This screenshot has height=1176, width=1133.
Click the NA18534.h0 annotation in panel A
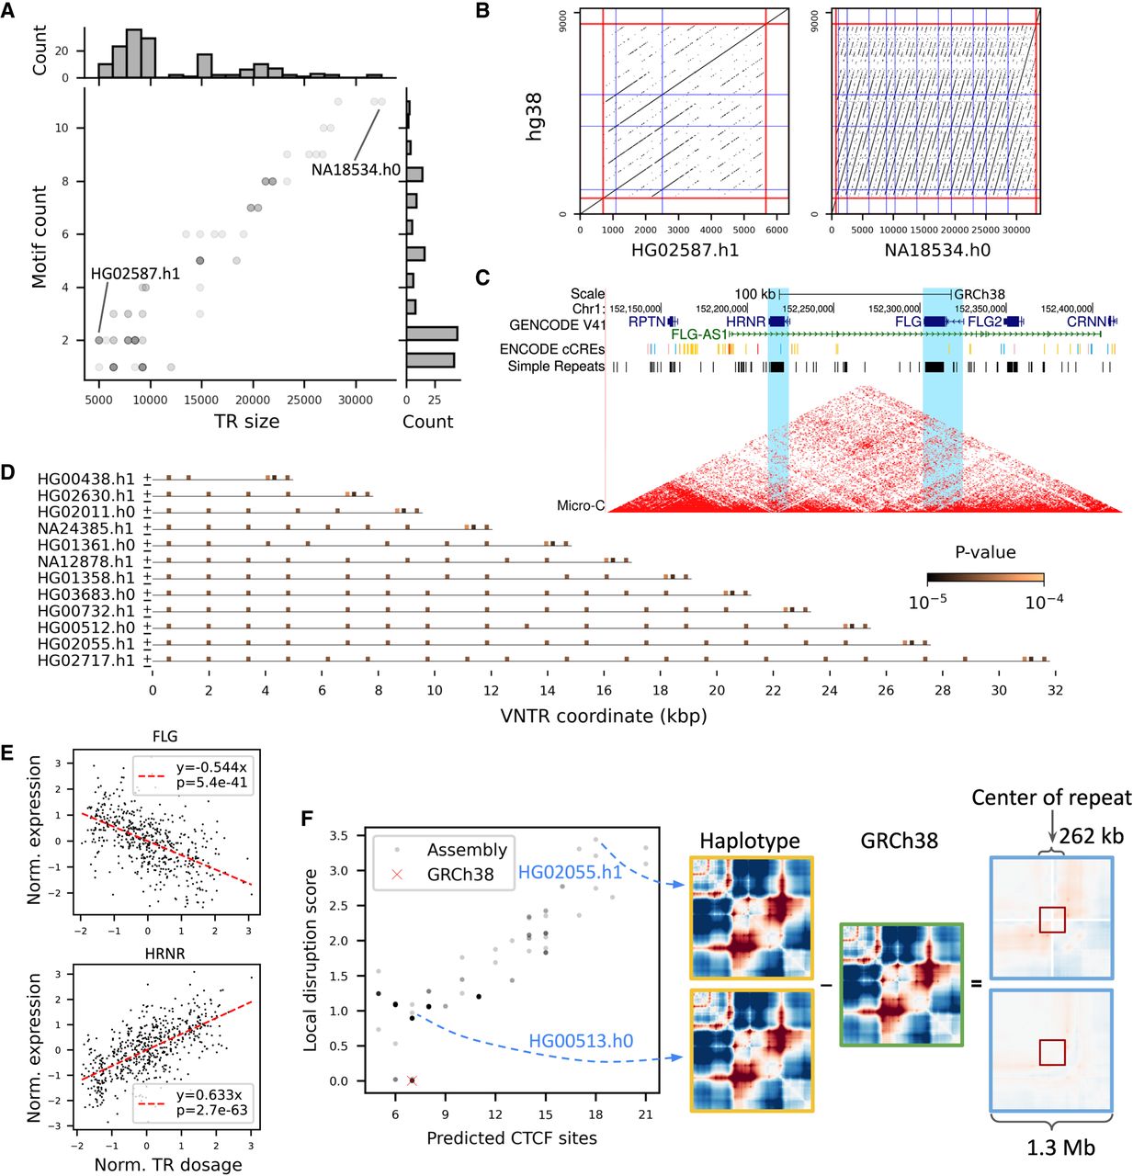pyautogui.click(x=356, y=170)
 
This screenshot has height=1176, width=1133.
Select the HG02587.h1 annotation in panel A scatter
pyautogui.click(x=135, y=274)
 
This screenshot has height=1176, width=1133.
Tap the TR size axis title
pyautogui.click(x=246, y=422)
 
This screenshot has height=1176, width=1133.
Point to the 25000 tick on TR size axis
pyautogui.click(x=304, y=400)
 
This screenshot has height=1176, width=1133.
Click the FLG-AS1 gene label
pyautogui.click(x=699, y=334)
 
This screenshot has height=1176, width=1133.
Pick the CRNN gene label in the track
pyautogui.click(x=1086, y=322)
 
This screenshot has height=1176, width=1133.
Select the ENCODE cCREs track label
pyautogui.click(x=552, y=349)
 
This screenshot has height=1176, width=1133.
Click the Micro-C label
pyautogui.click(x=581, y=505)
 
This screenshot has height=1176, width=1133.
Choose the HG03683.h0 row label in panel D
pyautogui.click(x=85, y=594)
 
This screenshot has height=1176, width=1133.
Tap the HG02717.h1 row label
pyautogui.click(x=85, y=661)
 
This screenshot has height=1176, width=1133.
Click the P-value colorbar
pyautogui.click(x=985, y=578)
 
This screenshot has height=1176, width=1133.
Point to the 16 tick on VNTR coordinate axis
pyautogui.click(x=604, y=690)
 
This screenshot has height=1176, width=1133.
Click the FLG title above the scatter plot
pyautogui.click(x=165, y=736)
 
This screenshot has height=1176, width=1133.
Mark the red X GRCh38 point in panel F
pyautogui.click(x=412, y=1080)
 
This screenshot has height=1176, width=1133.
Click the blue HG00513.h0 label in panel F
pyautogui.click(x=581, y=1041)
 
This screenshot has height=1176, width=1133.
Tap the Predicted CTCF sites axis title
pyautogui.click(x=512, y=1138)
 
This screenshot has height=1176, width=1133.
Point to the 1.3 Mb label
pyautogui.click(x=1060, y=1147)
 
